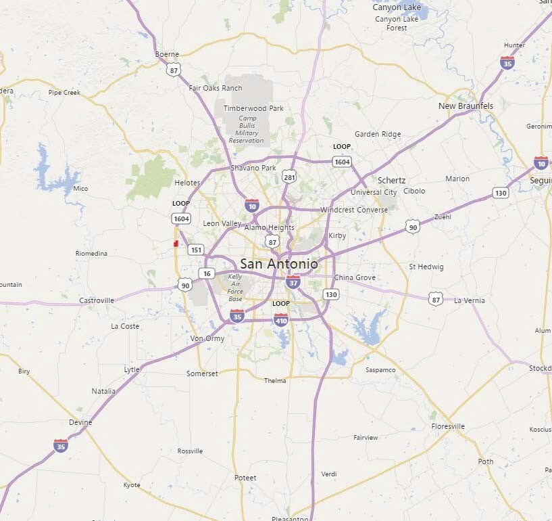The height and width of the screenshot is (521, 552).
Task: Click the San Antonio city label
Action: (278, 264)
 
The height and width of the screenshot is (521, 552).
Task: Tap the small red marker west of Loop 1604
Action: (176, 244)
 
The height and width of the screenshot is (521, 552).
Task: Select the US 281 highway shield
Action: (290, 177)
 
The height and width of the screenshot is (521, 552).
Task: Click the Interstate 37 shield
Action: (293, 281)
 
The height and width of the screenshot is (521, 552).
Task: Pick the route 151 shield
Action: (196, 250)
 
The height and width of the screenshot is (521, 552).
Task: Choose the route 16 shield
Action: (206, 273)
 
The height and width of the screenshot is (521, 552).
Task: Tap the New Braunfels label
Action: (466, 106)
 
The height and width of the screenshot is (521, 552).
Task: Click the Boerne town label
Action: (167, 54)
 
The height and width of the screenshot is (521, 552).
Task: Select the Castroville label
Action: (97, 300)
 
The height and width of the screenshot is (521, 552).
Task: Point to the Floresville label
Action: (448, 427)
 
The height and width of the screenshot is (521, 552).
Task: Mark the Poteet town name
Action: (245, 478)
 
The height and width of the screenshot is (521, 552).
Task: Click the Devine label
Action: (80, 422)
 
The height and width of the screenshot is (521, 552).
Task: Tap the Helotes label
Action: (187, 183)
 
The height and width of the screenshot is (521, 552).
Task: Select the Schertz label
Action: (391, 181)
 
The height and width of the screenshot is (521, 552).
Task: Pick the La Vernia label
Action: (470, 300)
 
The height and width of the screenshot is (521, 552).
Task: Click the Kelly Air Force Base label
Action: (235, 288)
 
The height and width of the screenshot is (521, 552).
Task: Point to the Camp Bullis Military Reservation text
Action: (247, 129)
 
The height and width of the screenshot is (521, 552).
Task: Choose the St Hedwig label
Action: (426, 267)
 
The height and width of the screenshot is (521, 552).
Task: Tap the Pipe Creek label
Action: (64, 93)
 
